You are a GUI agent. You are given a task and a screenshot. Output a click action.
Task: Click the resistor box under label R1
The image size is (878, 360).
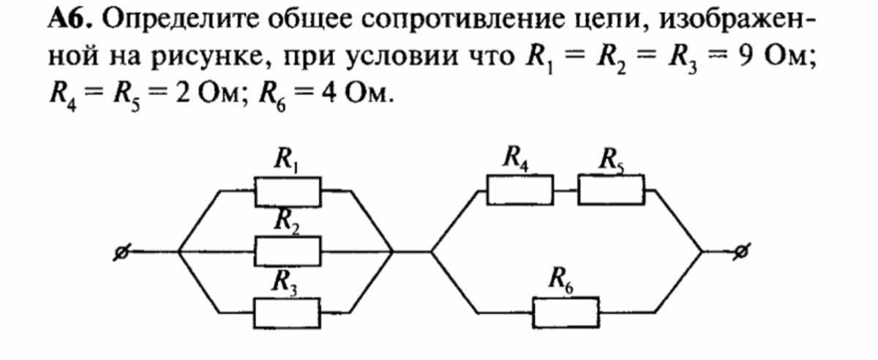coord(288,192)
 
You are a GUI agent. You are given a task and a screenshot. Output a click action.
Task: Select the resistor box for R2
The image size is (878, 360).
coord(288,252)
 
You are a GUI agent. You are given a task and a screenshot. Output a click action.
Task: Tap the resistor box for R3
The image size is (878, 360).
coord(287,313)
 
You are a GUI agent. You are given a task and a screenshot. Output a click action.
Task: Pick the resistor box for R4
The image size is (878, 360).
coord(520,190)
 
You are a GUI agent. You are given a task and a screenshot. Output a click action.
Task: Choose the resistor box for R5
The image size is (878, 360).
coord(611,190)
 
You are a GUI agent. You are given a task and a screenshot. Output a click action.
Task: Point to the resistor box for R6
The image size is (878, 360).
coord(566,312)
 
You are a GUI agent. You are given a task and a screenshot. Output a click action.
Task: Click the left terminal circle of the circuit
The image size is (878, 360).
coord(121,253)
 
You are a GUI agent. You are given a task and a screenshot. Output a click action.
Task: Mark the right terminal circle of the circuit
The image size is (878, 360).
coord(740,252)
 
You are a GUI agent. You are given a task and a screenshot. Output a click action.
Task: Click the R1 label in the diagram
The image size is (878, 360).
coord(286,160)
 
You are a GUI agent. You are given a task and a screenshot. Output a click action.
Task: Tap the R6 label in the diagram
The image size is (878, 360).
coord(561,280)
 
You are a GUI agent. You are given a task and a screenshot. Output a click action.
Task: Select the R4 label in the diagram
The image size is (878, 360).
coord(516,159)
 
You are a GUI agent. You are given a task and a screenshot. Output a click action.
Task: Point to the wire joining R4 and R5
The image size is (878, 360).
coord(566,190)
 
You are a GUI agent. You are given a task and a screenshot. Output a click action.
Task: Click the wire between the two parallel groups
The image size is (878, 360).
coord(411,252)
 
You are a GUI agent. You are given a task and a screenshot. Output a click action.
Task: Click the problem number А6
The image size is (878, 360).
coord(70,19)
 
